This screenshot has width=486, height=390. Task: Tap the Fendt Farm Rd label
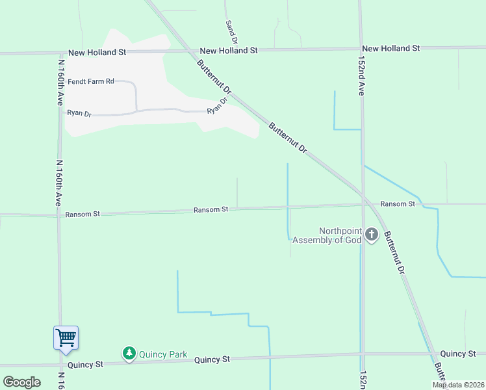click(91, 81)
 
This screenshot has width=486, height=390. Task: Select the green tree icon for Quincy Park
click(129, 353)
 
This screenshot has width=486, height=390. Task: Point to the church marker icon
click(371, 235)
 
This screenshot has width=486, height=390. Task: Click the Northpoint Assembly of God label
click(326, 235)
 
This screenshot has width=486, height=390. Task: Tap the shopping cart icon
click(66, 338)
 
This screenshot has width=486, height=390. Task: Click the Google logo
click(21, 382)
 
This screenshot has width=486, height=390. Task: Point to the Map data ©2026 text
click(459, 385)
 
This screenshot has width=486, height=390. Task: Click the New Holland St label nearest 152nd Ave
click(391, 48)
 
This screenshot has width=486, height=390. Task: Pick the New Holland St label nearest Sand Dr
click(229, 50)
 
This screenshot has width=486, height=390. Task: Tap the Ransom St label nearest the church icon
click(398, 204)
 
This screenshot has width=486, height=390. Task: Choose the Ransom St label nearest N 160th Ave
click(83, 213)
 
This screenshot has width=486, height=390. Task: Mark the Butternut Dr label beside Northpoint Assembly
click(394, 252)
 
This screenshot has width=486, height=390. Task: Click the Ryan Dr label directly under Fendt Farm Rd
click(79, 113)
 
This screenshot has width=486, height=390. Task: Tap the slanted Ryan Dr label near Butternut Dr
click(217, 106)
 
